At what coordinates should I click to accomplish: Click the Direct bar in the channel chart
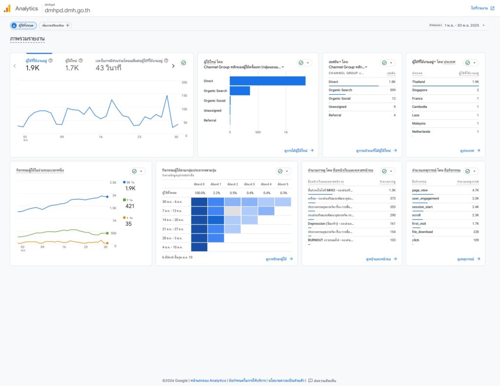268,81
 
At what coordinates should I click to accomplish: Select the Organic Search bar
240,91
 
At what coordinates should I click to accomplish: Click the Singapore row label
419,90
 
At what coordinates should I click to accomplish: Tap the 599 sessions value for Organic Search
393,90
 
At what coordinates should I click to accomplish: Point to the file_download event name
422,232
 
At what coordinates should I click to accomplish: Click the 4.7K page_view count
475,190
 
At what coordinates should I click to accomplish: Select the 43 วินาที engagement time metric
108,68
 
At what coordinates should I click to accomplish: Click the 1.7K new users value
72,68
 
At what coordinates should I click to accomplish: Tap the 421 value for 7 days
130,206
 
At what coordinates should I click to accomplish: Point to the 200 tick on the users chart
184,82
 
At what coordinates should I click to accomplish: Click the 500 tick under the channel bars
258,132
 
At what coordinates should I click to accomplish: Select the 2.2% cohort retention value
217,193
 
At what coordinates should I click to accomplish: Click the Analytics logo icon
7,8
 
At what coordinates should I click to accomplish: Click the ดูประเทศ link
470,150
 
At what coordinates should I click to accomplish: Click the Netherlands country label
421,131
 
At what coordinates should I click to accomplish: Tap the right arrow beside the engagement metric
173,65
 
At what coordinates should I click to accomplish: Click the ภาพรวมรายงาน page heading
27,38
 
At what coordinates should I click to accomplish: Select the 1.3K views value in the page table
392,190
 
